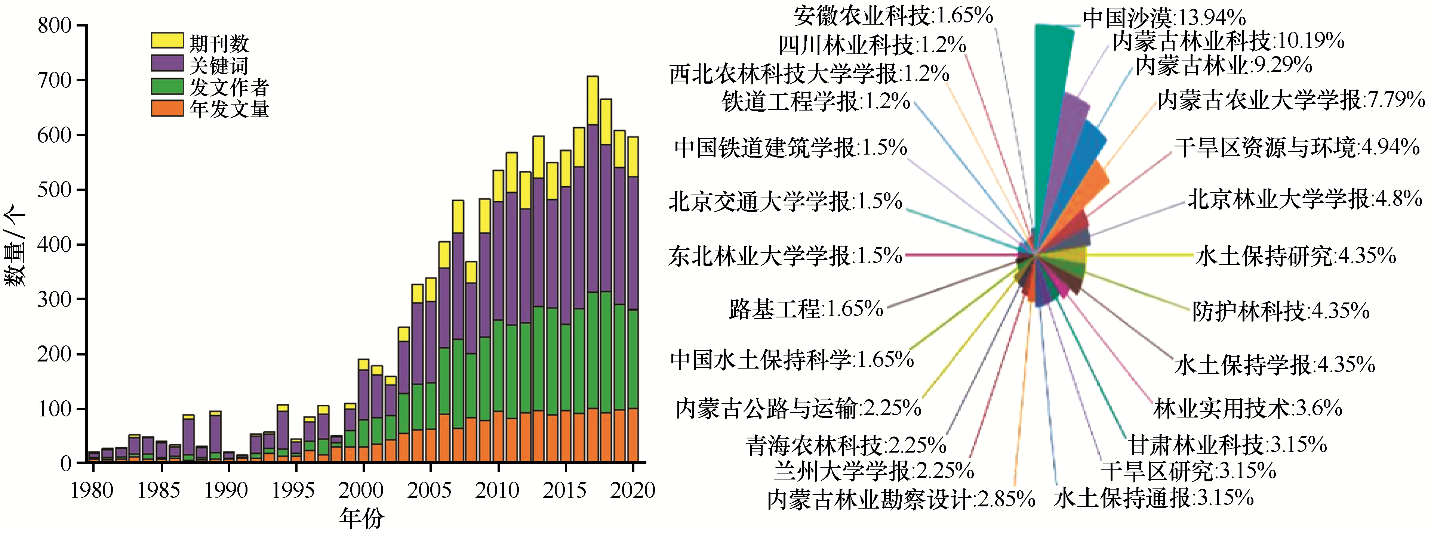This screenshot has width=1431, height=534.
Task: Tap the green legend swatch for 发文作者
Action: (167, 86)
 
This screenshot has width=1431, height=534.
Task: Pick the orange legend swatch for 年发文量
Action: (167, 108)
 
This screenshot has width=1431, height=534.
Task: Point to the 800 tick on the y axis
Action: (55, 25)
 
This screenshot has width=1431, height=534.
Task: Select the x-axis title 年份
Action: (361, 518)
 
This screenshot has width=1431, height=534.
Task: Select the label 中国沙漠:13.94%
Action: (1164, 18)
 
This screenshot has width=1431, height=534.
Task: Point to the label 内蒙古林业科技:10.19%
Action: (1228, 41)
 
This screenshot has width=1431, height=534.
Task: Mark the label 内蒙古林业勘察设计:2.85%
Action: (901, 499)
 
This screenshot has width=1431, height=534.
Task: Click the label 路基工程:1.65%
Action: (806, 308)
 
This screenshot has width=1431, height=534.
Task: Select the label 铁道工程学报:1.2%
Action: (815, 102)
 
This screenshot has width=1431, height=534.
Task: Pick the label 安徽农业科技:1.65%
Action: (893, 16)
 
